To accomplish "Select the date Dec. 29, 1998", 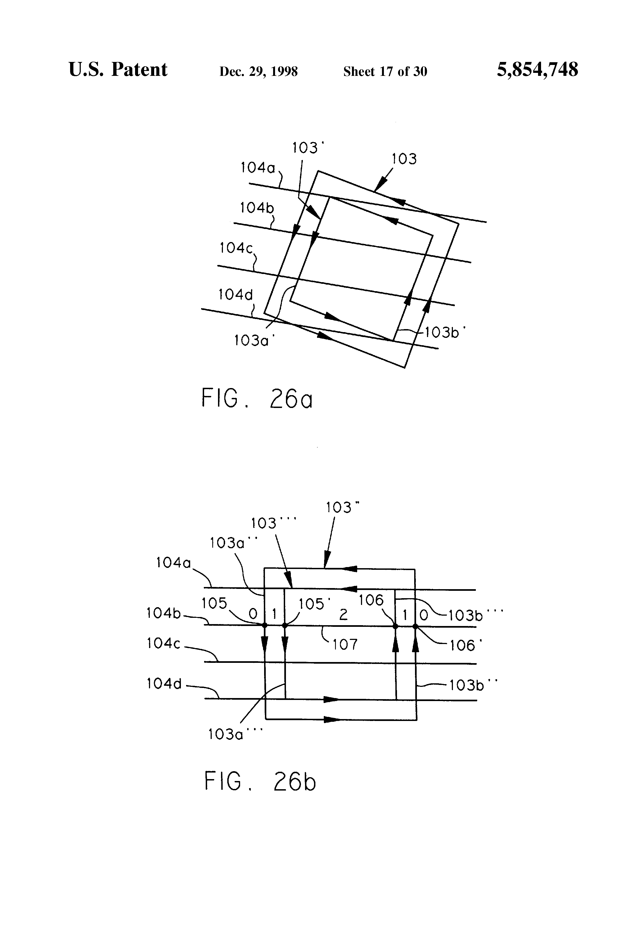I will [x=258, y=71].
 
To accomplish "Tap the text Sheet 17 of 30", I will [x=385, y=71].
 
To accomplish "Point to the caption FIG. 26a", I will [x=256, y=399].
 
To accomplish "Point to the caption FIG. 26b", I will [x=260, y=782].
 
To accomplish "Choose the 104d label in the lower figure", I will [x=164, y=684].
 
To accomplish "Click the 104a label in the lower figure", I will [x=173, y=563].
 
